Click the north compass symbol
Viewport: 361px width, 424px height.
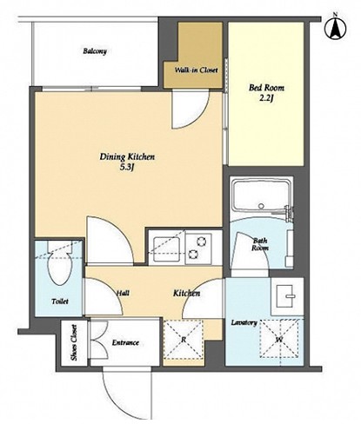[336, 28]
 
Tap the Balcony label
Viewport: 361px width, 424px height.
[95, 51]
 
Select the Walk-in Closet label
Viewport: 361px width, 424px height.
[196, 70]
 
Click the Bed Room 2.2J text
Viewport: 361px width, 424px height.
[266, 93]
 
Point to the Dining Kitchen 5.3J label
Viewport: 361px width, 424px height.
[127, 162]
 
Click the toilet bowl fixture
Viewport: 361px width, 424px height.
[60, 266]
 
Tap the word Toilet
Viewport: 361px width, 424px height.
[60, 301]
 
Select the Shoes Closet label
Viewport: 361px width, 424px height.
[74, 342]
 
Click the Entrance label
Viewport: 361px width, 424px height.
[125, 342]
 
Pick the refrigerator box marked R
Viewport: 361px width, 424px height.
[184, 340]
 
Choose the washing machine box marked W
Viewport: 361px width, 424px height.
[279, 339]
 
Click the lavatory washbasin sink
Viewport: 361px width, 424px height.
[285, 296]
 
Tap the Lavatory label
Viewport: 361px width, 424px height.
[244, 322]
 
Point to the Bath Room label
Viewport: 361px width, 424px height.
[260, 244]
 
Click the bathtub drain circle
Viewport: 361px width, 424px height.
[261, 206]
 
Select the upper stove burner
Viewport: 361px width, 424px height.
[201, 241]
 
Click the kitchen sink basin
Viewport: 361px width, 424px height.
[166, 249]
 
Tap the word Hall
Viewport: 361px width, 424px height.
[123, 293]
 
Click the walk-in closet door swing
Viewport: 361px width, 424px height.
[191, 109]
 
